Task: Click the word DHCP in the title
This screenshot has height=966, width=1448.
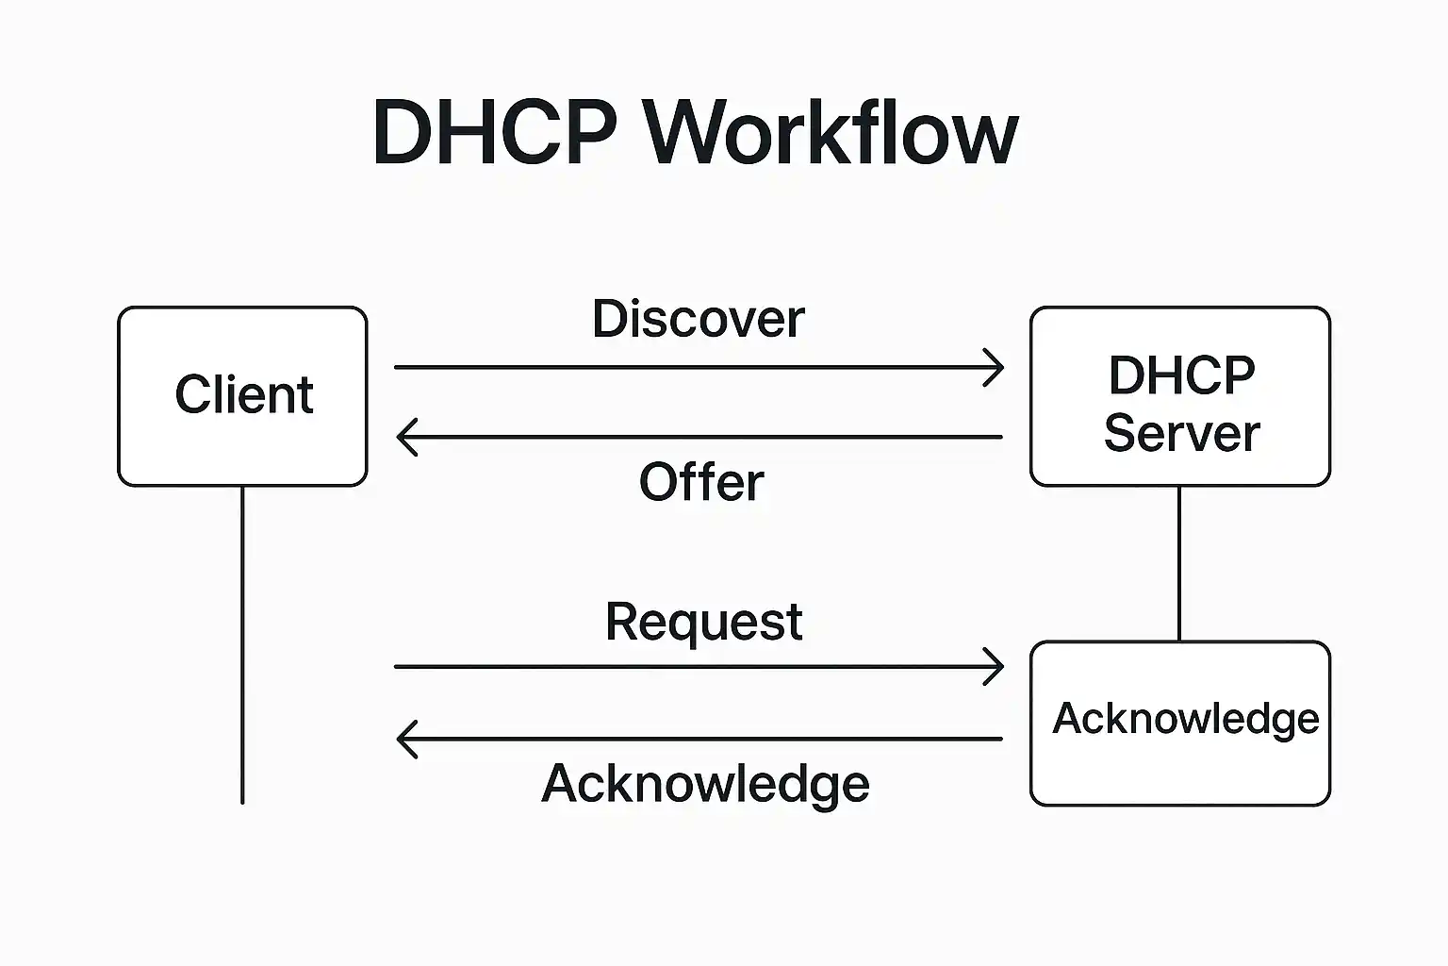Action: click(x=495, y=132)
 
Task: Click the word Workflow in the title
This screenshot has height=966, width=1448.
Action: click(x=831, y=132)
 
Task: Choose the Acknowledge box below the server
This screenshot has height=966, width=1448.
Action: click(x=1179, y=769)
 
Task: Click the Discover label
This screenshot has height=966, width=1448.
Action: click(x=698, y=319)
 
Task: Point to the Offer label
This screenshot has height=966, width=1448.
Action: click(x=701, y=482)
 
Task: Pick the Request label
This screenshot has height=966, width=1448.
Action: click(x=703, y=622)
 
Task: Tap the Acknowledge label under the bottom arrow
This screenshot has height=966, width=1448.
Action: click(x=705, y=783)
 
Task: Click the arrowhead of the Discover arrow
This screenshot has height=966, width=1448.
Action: click(x=996, y=367)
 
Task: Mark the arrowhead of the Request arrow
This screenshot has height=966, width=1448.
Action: click(x=996, y=667)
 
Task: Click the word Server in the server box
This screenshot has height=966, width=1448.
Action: click(x=1181, y=434)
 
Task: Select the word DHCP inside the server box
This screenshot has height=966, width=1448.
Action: click(x=1181, y=375)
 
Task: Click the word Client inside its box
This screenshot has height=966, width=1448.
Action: click(x=243, y=394)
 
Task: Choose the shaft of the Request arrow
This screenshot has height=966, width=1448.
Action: click(x=698, y=667)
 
